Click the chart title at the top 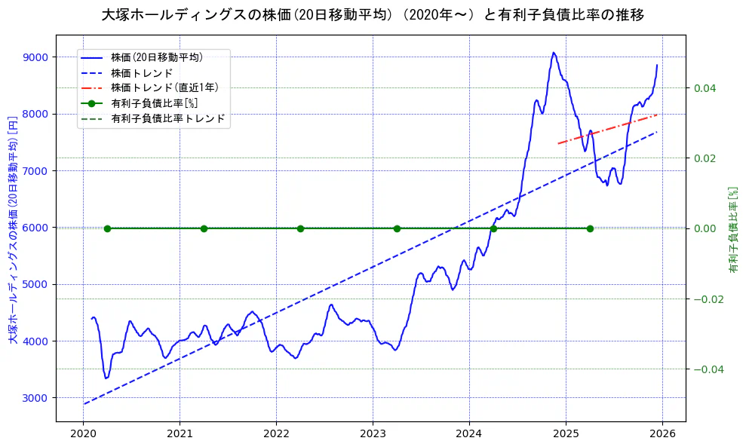pyautogui.click(x=373, y=15)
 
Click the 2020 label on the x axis pyautogui.click(x=83, y=435)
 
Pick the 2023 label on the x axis pyautogui.click(x=373, y=435)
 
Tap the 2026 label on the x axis pyautogui.click(x=662, y=435)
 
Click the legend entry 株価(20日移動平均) pyautogui.click(x=156, y=57)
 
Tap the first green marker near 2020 pyautogui.click(x=107, y=228)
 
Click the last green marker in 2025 pyautogui.click(x=590, y=228)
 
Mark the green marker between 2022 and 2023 pyautogui.click(x=300, y=228)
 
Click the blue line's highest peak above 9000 pyautogui.click(x=554, y=53)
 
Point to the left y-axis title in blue pyautogui.click(x=13, y=228)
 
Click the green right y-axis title pyautogui.click(x=732, y=228)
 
